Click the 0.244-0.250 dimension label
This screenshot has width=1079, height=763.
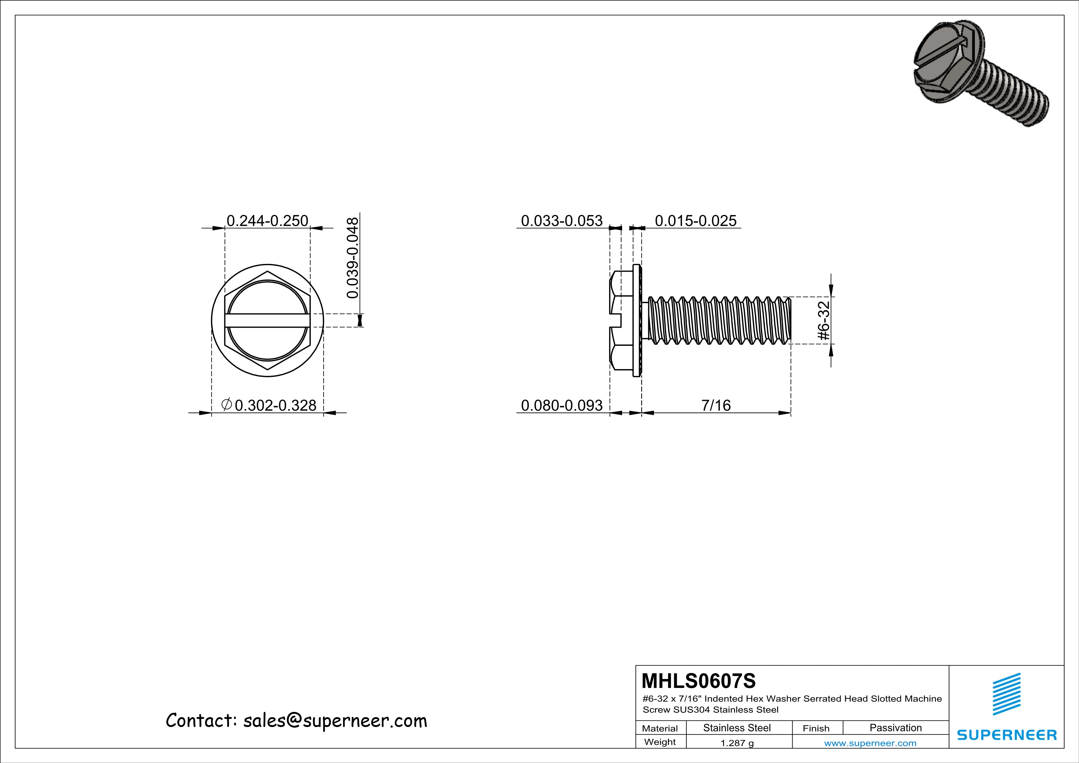[x=267, y=220]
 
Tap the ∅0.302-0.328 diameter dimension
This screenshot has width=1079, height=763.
[x=269, y=405]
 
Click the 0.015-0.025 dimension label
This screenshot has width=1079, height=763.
[x=696, y=220]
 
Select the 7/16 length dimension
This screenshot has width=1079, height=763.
[x=716, y=405]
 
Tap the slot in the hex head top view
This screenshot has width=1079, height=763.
[x=266, y=320]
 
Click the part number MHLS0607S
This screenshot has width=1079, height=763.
[x=698, y=680]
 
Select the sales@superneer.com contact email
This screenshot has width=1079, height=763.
[x=335, y=720]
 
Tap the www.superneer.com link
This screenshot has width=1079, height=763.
[x=870, y=743]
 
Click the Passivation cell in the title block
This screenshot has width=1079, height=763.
[x=895, y=728]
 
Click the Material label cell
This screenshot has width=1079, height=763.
[x=660, y=728]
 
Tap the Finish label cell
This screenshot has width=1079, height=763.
[x=816, y=728]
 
